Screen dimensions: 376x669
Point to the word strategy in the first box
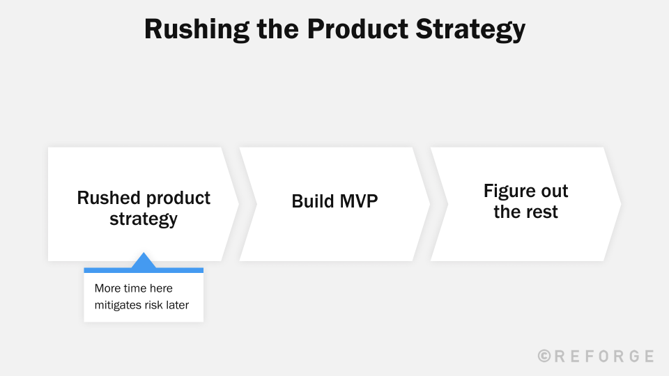point(144,219)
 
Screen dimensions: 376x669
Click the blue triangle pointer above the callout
point(144,261)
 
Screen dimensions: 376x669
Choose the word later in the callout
point(177,305)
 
